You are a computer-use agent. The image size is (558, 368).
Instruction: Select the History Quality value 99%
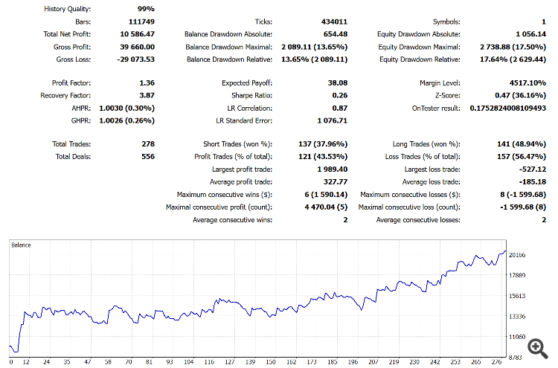pos(145,8)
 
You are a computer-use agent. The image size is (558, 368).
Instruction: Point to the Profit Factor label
pos(71,83)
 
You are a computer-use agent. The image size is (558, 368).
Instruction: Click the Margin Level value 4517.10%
pos(527,83)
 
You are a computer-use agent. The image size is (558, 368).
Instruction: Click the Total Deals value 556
pos(147,156)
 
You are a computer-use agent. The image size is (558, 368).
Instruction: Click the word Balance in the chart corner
pos(21,245)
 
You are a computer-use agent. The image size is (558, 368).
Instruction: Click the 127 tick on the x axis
pos(231,363)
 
